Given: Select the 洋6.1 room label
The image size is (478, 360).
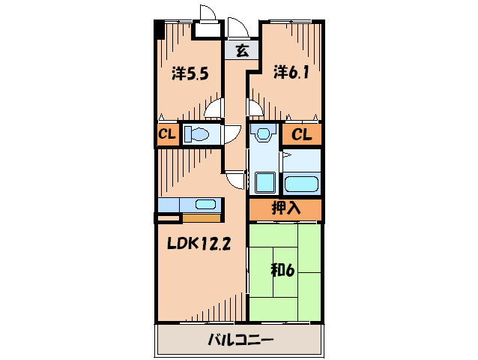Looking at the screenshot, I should pyautogui.click(x=290, y=72).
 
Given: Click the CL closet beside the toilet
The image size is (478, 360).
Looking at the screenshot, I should pyautogui.click(x=166, y=135).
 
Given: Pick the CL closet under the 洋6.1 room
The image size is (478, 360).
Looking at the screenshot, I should pyautogui.click(x=301, y=135).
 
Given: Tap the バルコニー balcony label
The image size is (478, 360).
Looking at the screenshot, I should pyautogui.click(x=240, y=340).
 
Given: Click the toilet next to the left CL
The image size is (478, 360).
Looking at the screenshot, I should pyautogui.click(x=198, y=135).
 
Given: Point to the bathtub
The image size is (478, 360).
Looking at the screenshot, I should pyautogui.click(x=301, y=183).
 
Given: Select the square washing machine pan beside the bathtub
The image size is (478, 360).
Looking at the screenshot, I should pyautogui.click(x=264, y=182).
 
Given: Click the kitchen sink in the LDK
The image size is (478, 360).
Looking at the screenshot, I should pyautogui.click(x=205, y=203).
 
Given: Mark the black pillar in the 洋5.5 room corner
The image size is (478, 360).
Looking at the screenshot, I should pyautogui.click(x=159, y=30).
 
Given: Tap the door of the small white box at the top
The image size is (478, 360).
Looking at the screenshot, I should pyautogui.click(x=208, y=15).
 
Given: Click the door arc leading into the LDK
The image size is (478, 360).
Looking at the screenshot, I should pyautogui.click(x=236, y=180).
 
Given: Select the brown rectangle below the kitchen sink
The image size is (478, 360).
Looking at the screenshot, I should pyautogui.click(x=200, y=218).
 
